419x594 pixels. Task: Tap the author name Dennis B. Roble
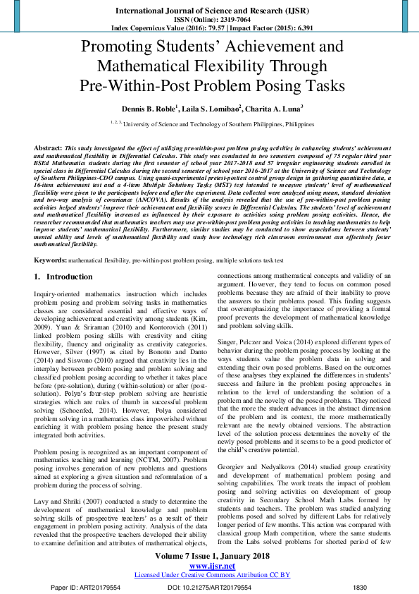pos(147,109)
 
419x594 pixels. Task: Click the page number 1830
pos(360,586)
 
